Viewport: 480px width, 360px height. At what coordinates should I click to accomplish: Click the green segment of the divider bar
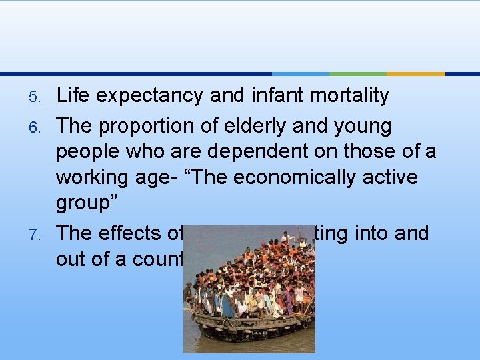(357, 73)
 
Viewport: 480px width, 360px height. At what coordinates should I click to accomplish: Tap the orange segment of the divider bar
(415, 73)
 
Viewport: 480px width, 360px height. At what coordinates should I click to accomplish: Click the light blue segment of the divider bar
(300, 73)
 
